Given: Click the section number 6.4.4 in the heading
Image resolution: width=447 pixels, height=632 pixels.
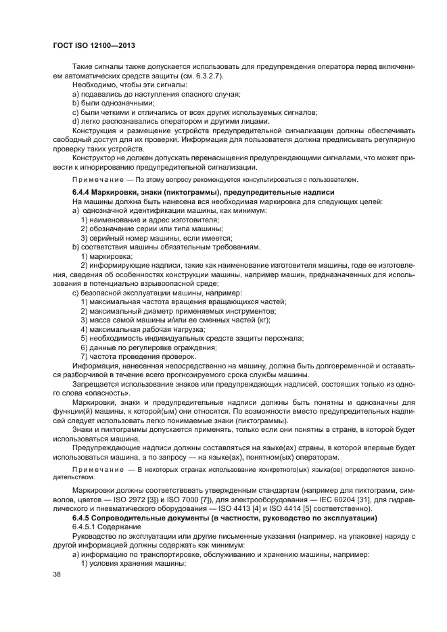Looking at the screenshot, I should click(81, 193).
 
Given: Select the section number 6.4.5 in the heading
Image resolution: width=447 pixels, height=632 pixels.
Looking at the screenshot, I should click(81, 517).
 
